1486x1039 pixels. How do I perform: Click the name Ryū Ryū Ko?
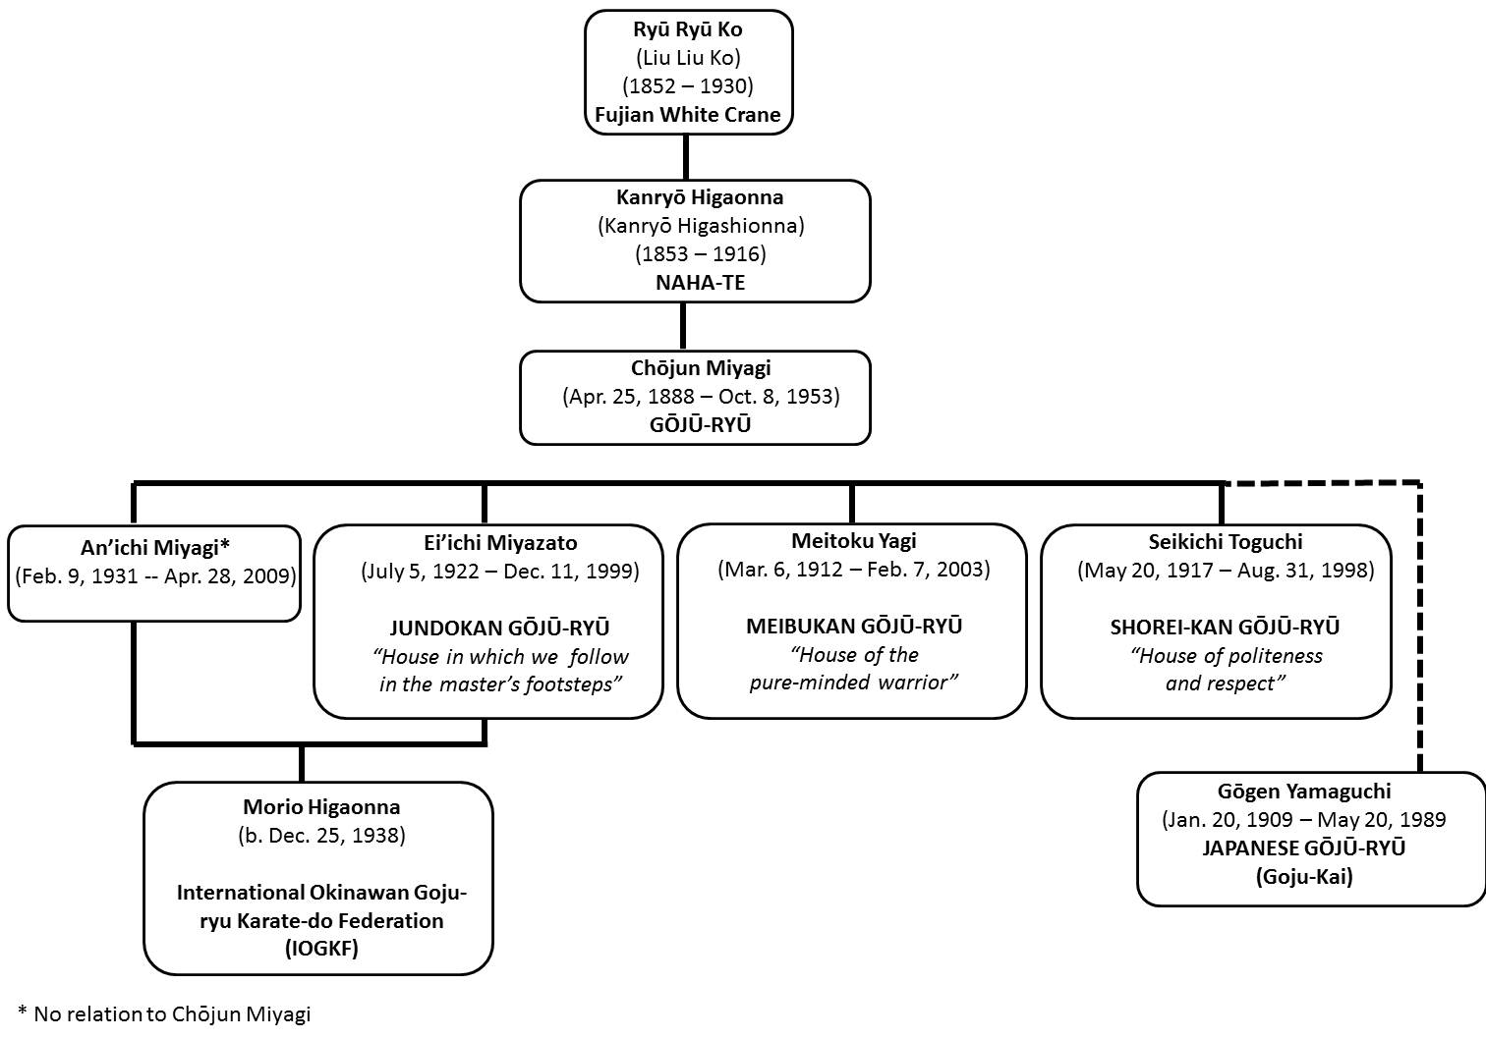(688, 29)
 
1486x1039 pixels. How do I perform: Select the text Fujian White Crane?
(688, 115)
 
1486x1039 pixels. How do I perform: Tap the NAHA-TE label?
(701, 283)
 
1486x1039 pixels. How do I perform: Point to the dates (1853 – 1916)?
(701, 254)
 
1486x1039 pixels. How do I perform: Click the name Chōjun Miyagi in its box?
(701, 368)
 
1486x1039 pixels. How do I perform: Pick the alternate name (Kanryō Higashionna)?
(701, 226)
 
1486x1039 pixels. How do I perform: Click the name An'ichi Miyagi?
(155, 548)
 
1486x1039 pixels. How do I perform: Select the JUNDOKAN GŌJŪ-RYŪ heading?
(499, 628)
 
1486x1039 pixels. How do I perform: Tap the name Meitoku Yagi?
(854, 541)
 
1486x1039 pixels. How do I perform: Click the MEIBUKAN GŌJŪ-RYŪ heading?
(854, 626)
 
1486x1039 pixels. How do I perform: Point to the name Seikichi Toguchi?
(1226, 542)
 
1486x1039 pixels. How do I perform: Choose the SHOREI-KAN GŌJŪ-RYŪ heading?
(1225, 628)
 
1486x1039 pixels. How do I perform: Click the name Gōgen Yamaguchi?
(1303, 792)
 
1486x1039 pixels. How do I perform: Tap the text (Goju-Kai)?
(1303, 877)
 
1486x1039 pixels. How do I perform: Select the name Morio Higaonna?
(321, 807)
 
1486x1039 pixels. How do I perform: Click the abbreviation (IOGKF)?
(321, 949)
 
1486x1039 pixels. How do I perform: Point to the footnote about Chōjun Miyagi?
(164, 1013)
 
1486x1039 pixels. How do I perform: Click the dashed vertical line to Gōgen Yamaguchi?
(1419, 628)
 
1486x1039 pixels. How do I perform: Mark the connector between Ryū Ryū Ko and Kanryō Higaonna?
(686, 157)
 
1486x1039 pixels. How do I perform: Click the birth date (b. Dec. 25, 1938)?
(321, 836)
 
